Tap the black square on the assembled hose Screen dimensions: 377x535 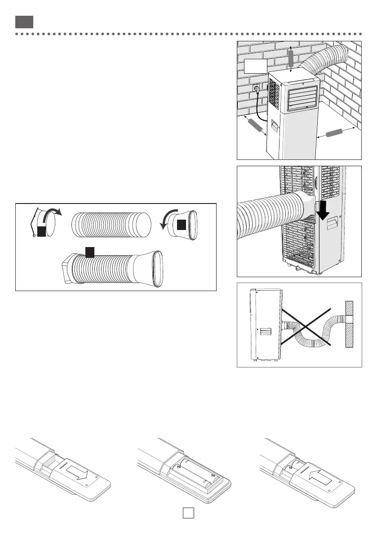(x=89, y=252)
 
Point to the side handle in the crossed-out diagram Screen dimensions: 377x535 (x=265, y=332)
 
